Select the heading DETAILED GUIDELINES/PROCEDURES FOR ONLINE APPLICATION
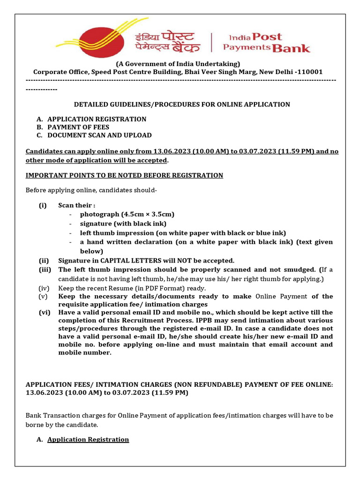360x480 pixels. [182, 105]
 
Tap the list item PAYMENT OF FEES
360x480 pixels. [78, 127]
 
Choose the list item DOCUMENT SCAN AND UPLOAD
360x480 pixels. [99, 135]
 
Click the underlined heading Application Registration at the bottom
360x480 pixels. [88, 440]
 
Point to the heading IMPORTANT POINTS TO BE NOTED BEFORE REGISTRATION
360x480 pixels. [124, 175]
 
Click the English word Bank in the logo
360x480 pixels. [291, 47]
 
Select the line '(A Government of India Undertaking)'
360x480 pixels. [178, 64]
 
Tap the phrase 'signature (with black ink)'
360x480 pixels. [123, 224]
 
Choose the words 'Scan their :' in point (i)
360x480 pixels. [77, 205]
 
